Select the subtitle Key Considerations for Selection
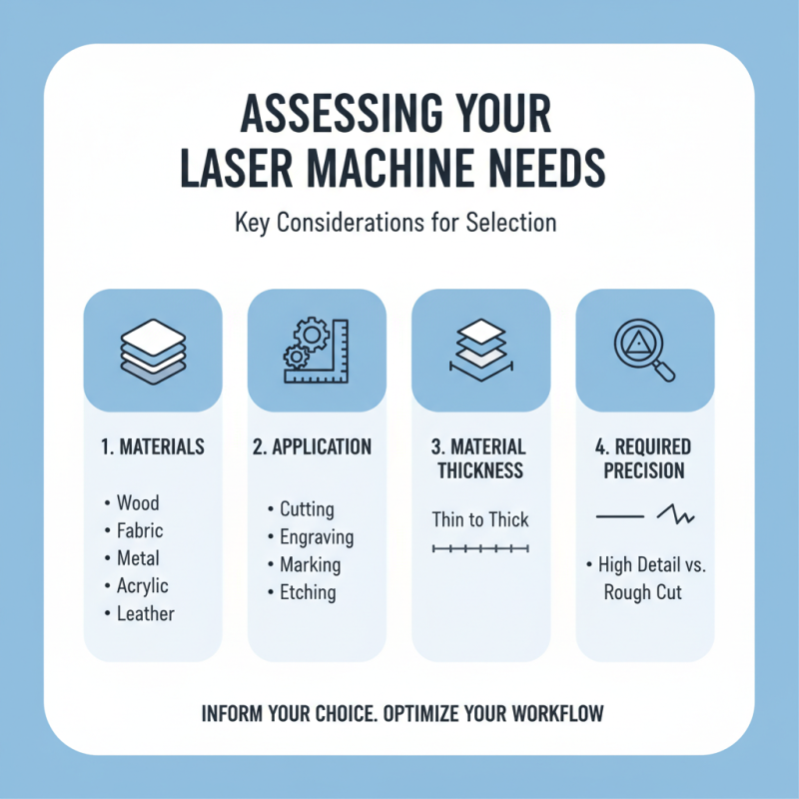point(396,223)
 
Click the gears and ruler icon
point(316,351)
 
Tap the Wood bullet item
point(137,503)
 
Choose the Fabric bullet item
point(139,530)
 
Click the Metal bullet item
point(137,558)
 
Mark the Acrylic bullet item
point(142,585)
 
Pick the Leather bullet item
point(144,613)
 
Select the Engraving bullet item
point(316,537)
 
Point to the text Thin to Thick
point(480,519)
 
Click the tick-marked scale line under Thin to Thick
point(480,549)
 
